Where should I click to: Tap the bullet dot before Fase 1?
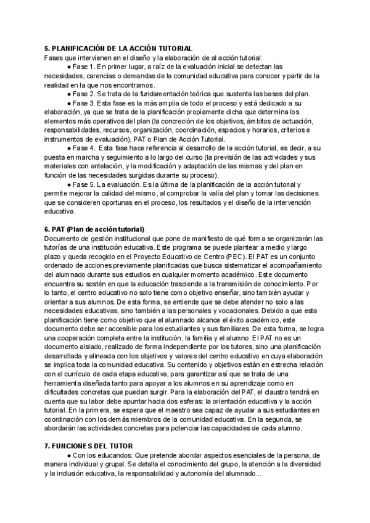point(68,67)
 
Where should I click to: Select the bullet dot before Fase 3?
point(68,103)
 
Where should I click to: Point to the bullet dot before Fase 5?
point(68,185)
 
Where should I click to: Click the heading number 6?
point(47,229)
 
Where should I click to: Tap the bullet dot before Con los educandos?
point(68,455)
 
